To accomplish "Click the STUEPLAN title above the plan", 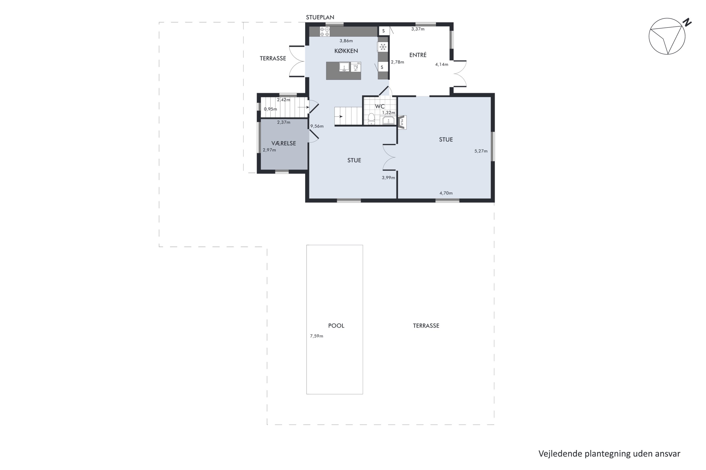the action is tap(320, 17).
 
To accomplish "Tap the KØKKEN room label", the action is tap(346, 51).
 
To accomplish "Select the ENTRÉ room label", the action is tap(418, 55).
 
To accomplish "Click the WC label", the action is tap(380, 106).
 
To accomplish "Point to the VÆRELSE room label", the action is tap(284, 143).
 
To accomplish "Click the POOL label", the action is tap(336, 325).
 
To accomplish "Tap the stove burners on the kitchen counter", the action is tap(325, 31).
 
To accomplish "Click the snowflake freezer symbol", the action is tap(383, 47).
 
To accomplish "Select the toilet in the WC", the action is tap(372, 119).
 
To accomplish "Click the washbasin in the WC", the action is tap(389, 121).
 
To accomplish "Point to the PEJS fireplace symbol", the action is tap(402, 122).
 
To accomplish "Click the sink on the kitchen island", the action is tap(344, 67).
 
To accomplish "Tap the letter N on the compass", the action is tap(687, 22).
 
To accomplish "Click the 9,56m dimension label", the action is tap(317, 126).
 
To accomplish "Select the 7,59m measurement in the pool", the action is tap(317, 336).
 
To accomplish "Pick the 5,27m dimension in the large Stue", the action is tap(481, 151).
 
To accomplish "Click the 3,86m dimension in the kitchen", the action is tap(346, 41).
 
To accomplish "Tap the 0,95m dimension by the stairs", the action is tap(270, 109).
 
